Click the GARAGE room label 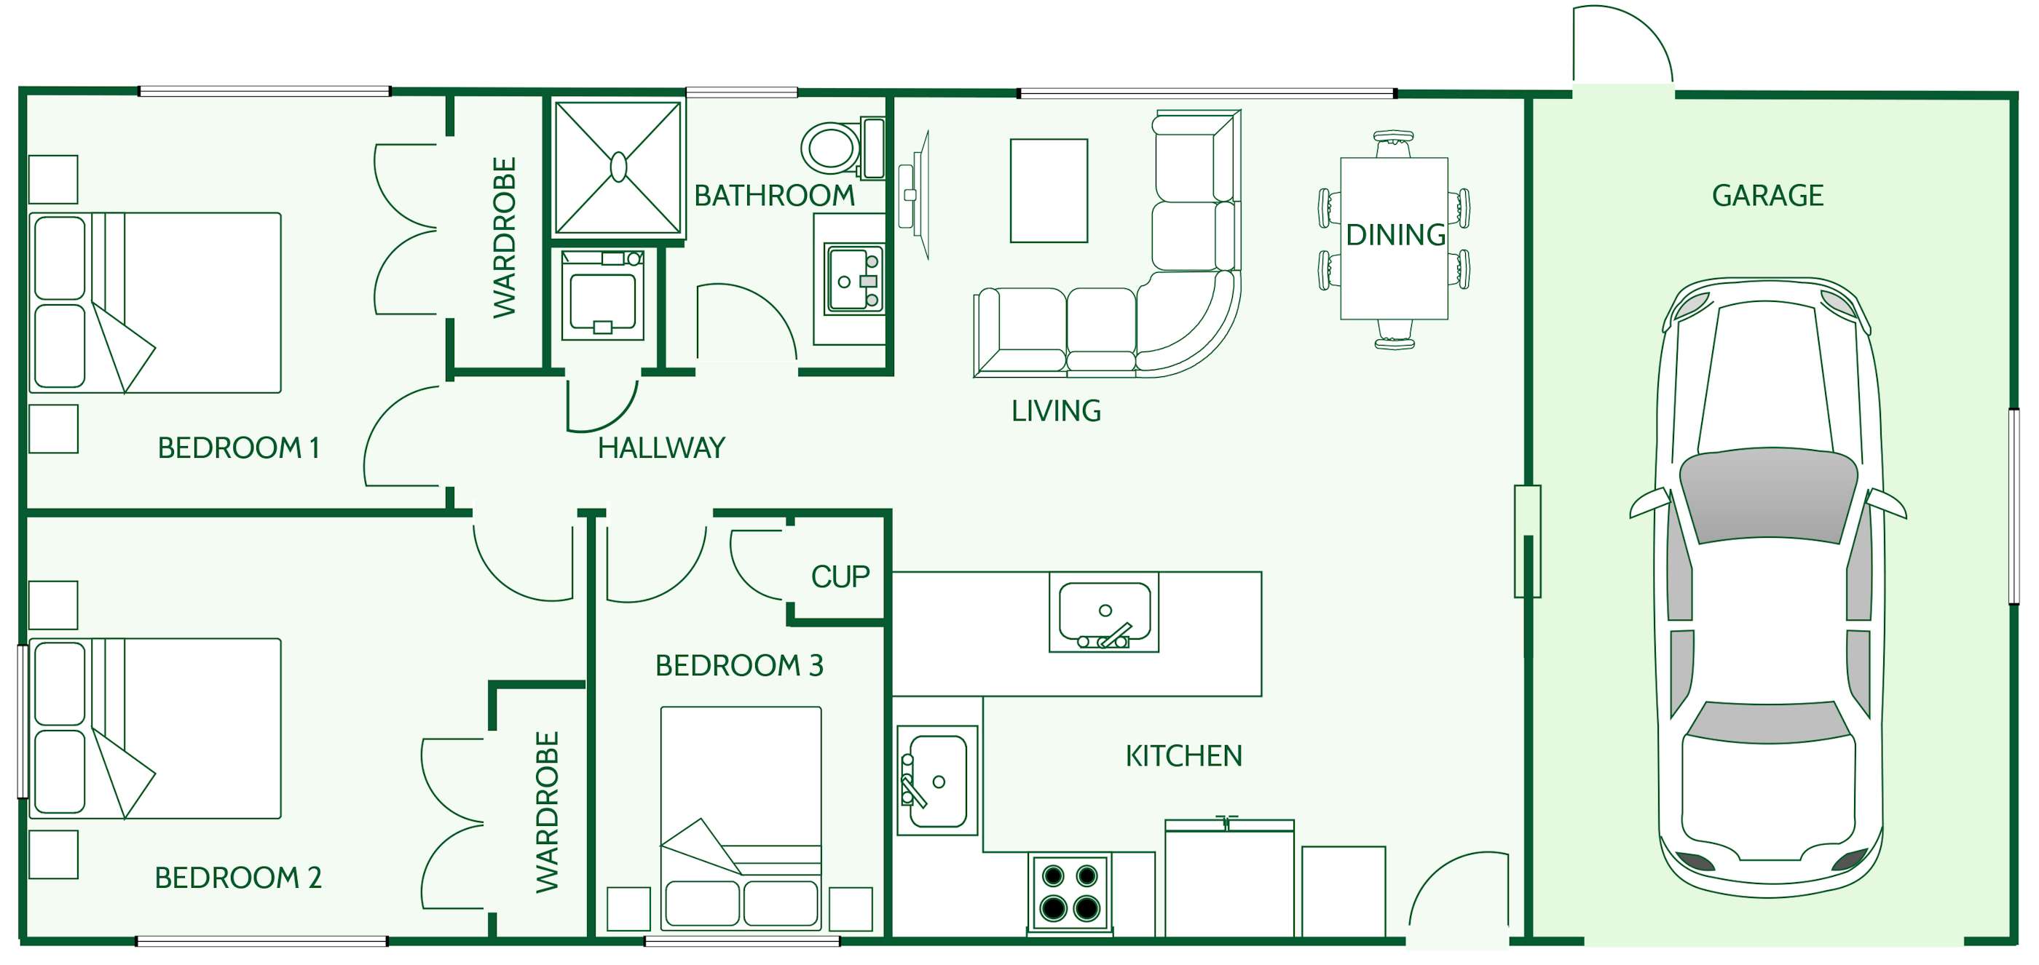pos(1767,195)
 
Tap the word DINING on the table pos(1395,235)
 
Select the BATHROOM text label pos(774,195)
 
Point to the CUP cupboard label pos(840,576)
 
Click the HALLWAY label pos(661,448)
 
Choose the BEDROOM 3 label pos(739,666)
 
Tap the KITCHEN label pos(1183,756)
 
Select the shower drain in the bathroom pos(618,167)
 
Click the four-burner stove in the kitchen pos(1069,892)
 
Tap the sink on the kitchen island pos(1104,612)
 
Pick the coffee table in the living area pos(1049,191)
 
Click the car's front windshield pos(1767,494)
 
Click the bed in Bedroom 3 pos(740,814)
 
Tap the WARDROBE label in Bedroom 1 pos(504,237)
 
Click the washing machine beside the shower pos(602,295)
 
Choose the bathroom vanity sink pos(853,279)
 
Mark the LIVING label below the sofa pos(1056,411)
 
